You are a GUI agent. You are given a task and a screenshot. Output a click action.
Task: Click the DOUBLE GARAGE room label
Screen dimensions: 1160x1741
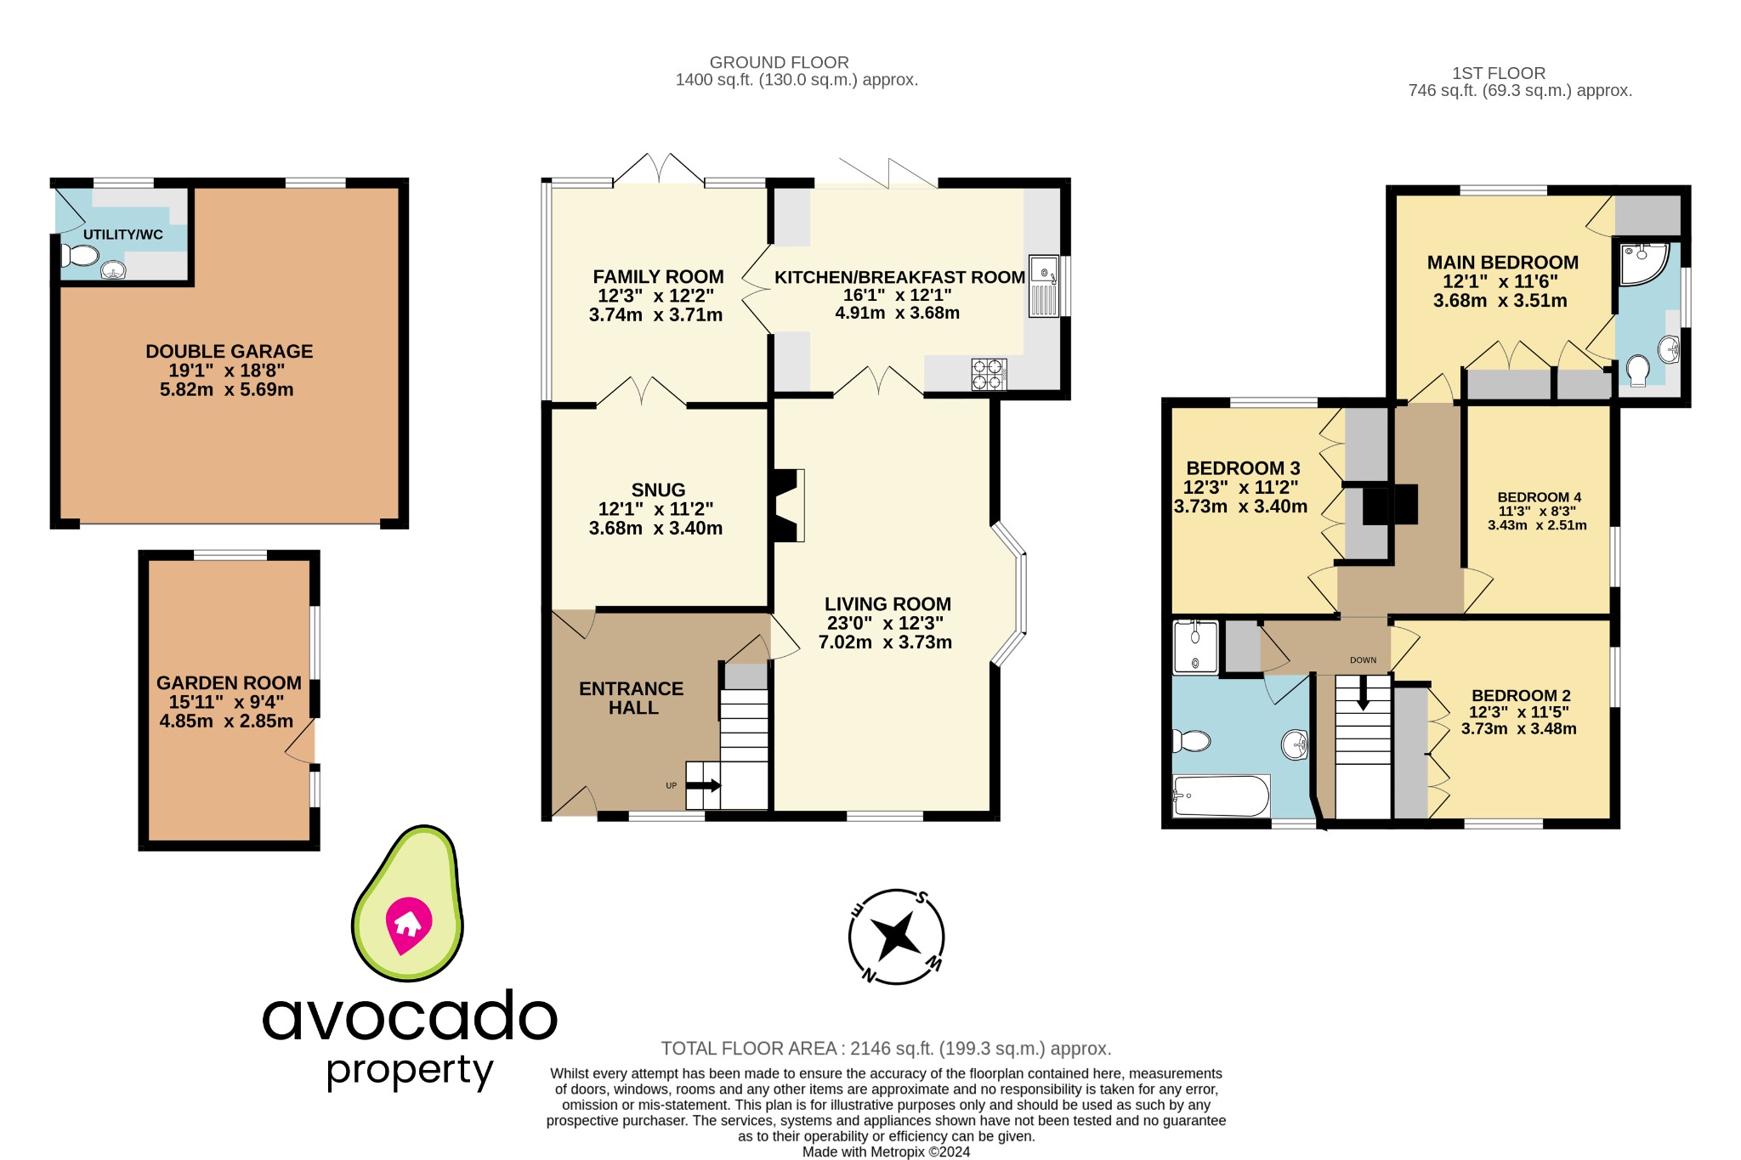pyautogui.click(x=229, y=351)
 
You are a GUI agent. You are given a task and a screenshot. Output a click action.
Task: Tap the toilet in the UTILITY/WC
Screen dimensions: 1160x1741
pyautogui.click(x=81, y=255)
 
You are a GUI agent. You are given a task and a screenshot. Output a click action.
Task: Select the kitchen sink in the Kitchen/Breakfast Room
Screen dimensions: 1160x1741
pyautogui.click(x=1044, y=286)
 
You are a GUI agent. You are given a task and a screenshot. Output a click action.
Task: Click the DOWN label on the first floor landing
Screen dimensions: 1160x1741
pyautogui.click(x=1363, y=659)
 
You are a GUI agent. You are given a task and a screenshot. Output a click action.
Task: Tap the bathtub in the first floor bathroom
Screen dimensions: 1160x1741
pyautogui.click(x=1221, y=795)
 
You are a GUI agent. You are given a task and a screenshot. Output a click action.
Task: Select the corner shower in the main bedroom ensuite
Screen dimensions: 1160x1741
pyautogui.click(x=1642, y=263)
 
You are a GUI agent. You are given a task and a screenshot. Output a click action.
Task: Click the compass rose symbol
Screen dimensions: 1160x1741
pyautogui.click(x=896, y=936)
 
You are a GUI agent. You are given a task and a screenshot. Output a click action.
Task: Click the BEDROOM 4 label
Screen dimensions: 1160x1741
pyautogui.click(x=1539, y=497)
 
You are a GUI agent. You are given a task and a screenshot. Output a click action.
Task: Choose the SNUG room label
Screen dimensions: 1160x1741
pyautogui.click(x=658, y=489)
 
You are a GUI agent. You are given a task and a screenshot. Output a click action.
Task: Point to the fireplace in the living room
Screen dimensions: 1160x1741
pyautogui.click(x=787, y=505)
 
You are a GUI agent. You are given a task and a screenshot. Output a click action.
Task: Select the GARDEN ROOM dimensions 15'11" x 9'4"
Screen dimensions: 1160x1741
pyautogui.click(x=226, y=702)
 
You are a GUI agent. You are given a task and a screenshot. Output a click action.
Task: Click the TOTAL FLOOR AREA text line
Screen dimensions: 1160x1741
pyautogui.click(x=886, y=1049)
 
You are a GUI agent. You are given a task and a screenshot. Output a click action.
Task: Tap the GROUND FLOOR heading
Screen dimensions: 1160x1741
pyautogui.click(x=779, y=62)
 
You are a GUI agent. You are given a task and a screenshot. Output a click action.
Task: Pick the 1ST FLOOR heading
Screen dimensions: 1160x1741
pyautogui.click(x=1498, y=73)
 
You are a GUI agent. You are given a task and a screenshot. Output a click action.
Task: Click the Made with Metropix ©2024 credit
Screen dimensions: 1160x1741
pyautogui.click(x=886, y=1152)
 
